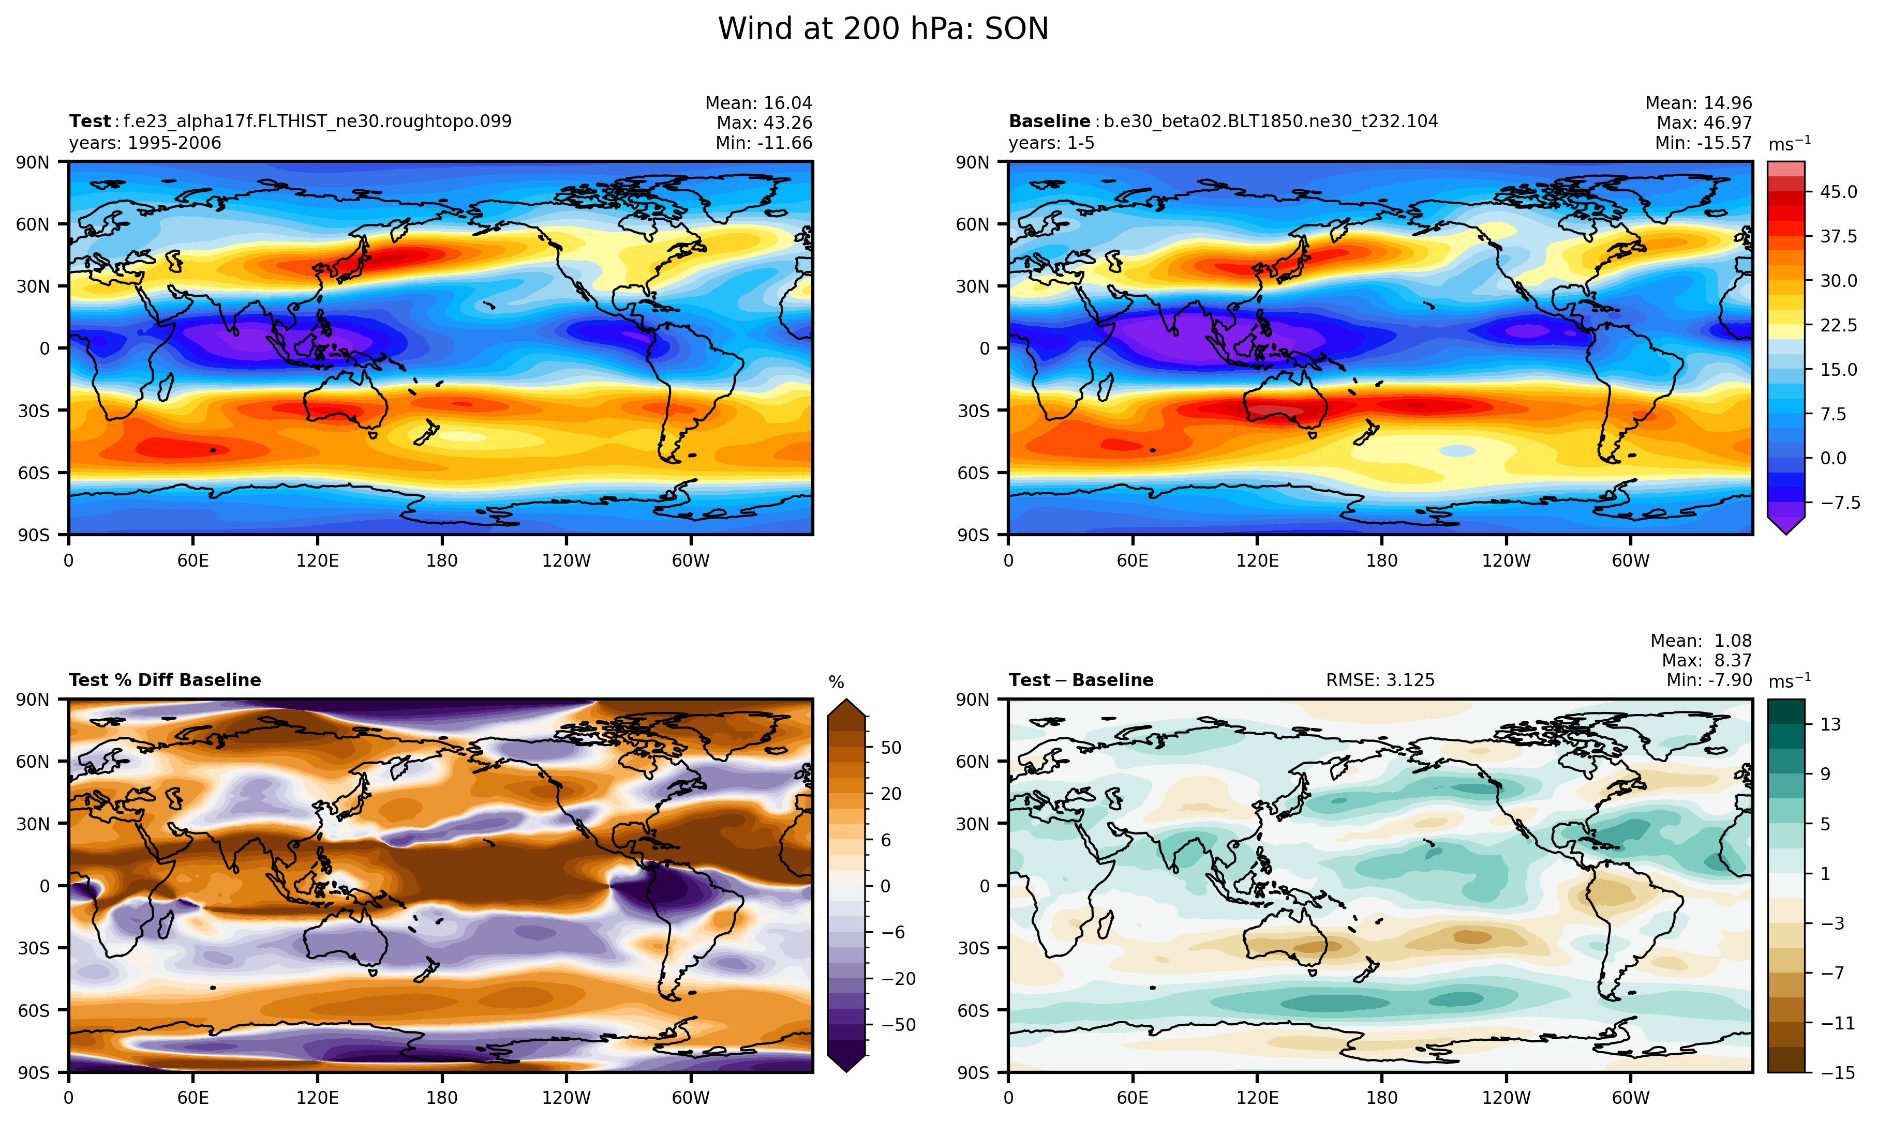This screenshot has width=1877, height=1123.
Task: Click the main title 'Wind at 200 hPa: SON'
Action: coord(883,29)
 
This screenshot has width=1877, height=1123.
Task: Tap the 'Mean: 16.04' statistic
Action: coord(758,103)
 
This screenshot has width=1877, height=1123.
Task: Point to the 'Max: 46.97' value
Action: coord(1704,123)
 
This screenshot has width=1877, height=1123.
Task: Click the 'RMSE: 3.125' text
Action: coord(1379,680)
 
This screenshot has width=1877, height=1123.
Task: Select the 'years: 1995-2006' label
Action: coord(145,143)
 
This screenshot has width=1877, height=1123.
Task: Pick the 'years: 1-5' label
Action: coord(1051,143)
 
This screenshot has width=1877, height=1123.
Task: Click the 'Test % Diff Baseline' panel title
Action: coord(165,680)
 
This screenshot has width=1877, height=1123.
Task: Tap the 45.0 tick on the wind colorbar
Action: coord(1838,192)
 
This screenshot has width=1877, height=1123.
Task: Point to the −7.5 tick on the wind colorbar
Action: coord(1838,503)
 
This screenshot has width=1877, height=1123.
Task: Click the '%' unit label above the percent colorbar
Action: coord(836,682)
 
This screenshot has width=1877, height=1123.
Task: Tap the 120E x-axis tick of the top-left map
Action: coord(317,561)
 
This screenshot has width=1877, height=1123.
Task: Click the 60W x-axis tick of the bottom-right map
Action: coord(1630,1098)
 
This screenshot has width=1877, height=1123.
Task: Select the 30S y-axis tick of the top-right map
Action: coord(973,411)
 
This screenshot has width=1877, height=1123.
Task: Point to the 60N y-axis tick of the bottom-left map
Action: coord(33,761)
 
